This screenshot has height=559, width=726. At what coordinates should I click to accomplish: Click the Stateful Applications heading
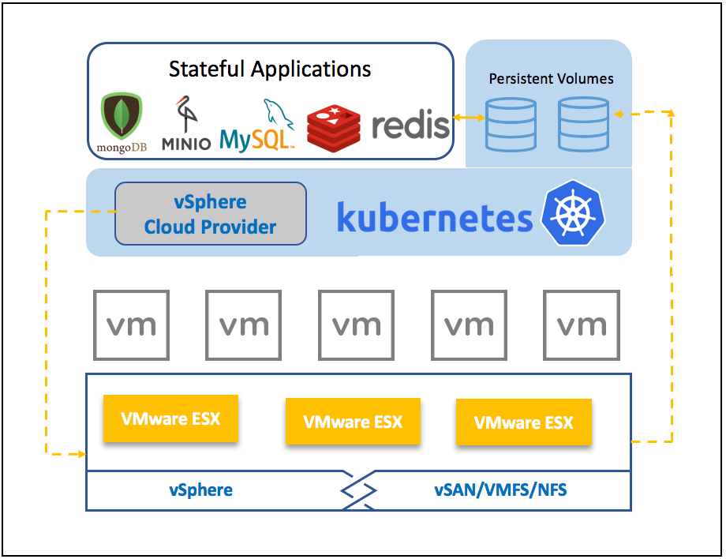tap(270, 69)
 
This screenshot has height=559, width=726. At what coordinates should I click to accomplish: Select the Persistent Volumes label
tap(551, 79)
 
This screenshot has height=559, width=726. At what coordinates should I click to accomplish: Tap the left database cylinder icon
tap(511, 124)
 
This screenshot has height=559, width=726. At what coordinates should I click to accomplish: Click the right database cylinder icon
tap(583, 124)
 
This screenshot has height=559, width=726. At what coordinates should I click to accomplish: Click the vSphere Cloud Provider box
tap(210, 214)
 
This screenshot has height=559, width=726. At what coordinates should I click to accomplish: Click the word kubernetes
tap(434, 217)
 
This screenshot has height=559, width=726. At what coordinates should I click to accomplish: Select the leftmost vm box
tap(131, 325)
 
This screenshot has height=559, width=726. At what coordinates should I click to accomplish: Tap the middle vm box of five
tap(357, 325)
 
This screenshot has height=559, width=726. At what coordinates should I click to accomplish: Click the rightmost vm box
tap(582, 325)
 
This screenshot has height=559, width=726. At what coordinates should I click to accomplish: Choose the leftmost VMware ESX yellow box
tap(170, 418)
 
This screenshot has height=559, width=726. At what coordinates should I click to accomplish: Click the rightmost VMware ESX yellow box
tap(523, 422)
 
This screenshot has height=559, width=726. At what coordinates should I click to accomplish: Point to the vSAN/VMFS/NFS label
tap(500, 490)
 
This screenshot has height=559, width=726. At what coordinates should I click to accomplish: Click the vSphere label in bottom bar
tap(200, 490)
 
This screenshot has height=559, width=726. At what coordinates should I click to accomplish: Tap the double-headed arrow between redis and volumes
tap(468, 118)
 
